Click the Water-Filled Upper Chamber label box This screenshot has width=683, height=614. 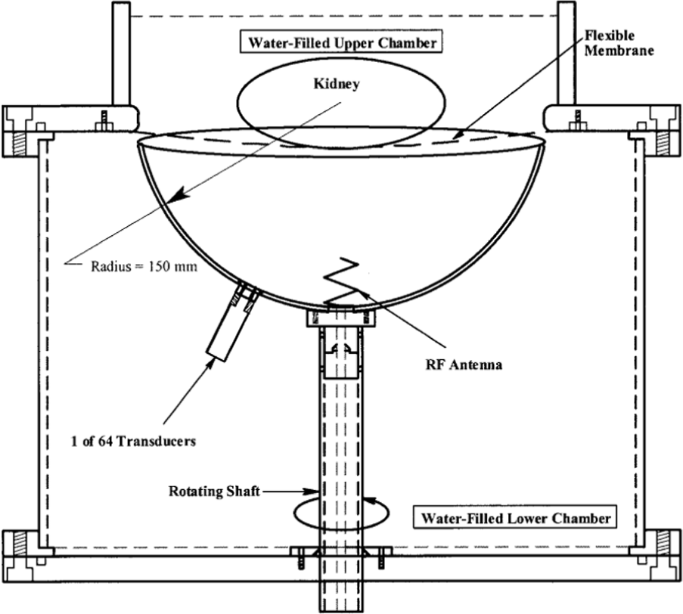coord(342,42)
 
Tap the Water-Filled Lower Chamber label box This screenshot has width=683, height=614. coord(515,518)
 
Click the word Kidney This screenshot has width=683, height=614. coord(337,84)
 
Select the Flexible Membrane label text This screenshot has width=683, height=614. coord(619,42)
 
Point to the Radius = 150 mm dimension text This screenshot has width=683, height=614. coord(144,266)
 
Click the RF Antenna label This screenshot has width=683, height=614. coord(464,364)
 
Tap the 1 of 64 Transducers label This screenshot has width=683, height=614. coord(133,441)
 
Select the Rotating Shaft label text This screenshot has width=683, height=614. coord(214,492)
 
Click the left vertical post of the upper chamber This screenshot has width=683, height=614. coord(122,54)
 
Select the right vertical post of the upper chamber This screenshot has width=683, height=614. coord(567,54)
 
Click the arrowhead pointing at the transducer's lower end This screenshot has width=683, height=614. coord(210,365)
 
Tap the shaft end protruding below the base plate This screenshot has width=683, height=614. coord(342,596)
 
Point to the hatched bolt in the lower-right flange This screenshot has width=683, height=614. coord(663,543)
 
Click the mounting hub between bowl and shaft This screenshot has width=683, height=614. coord(341,317)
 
